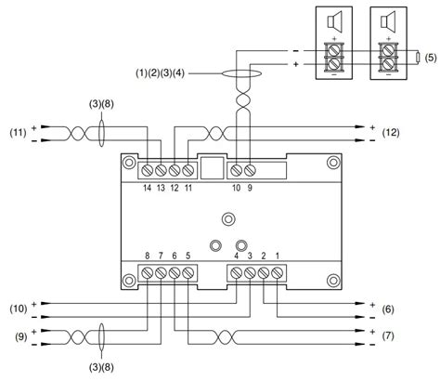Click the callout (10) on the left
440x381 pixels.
pos(17,308)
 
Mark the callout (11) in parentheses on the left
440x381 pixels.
pos(17,131)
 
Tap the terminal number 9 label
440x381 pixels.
pos(249,189)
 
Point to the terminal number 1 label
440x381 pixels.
pos(278,255)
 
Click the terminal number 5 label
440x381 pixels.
pos(188,255)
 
